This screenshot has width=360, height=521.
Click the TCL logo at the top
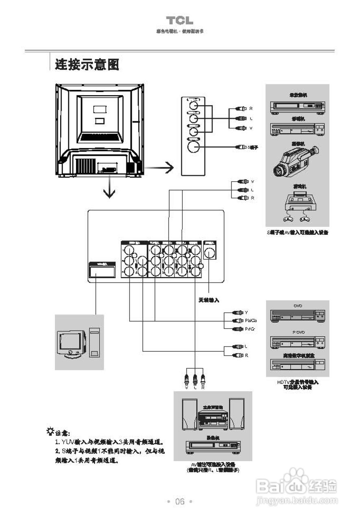coord(180,21)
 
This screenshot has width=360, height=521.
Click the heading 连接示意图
coord(87,64)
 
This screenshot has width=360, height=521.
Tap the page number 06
coord(180,501)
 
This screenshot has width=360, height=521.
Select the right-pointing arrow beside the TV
coord(159,167)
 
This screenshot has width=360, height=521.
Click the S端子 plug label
coord(253,147)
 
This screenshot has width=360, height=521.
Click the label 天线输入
coord(208,300)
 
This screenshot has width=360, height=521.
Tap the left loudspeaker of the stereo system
coord(189,413)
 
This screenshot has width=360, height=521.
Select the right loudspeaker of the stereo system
coord(237,413)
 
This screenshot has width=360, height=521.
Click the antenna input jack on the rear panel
coord(210,254)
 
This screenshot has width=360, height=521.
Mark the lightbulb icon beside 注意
coord(50,431)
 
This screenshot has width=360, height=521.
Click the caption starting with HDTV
coord(298,385)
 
